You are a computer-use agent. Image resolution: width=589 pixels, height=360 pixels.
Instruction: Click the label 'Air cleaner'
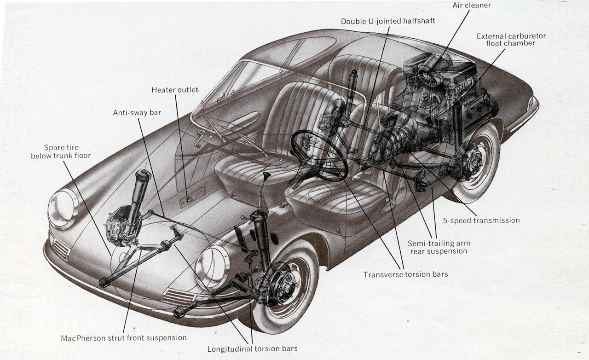point(472,6)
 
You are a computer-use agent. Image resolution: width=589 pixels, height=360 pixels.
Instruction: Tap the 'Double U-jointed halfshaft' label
point(388,22)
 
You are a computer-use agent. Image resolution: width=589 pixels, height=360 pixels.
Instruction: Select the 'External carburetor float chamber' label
point(511,40)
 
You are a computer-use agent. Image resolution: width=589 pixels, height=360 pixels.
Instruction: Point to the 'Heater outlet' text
point(175,90)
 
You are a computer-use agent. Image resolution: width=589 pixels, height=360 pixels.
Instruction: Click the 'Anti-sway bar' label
point(137,113)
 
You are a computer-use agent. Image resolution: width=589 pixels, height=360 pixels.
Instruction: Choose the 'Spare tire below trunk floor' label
point(61,151)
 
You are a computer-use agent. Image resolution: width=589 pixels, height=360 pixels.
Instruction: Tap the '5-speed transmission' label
point(481,221)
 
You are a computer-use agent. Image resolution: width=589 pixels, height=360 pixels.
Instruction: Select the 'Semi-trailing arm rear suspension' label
point(439,247)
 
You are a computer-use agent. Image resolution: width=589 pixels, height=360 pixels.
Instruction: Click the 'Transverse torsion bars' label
point(405,274)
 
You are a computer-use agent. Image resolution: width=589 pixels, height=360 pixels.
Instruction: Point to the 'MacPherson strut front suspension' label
point(124,338)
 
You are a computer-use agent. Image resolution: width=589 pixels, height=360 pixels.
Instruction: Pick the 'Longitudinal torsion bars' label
point(252,348)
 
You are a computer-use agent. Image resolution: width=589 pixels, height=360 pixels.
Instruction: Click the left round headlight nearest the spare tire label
point(63,209)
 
